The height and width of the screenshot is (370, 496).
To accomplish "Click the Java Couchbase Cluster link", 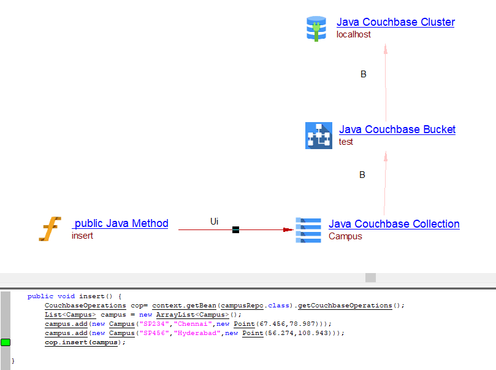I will point(395,22).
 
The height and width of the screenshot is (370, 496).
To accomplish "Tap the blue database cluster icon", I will point(316,28).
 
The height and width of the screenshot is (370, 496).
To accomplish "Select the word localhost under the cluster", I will point(353,34).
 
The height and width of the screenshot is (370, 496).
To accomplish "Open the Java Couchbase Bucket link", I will point(397,129).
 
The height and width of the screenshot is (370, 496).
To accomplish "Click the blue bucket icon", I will point(319,136).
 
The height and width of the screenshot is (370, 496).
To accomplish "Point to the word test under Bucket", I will point(346,142).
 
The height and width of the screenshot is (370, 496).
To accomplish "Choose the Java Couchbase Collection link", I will point(394,224).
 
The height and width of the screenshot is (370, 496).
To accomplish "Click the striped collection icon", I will point(308,229).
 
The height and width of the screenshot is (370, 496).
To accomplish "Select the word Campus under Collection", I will point(345,236).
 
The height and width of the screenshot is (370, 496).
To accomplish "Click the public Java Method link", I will point(120,223).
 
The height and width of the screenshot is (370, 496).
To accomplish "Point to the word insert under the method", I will point(82,236).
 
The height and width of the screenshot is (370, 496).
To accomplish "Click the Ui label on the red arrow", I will point(214,221).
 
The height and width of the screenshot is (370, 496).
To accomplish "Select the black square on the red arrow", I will point(235,230).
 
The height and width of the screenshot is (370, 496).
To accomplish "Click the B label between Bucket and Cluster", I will point(363,74).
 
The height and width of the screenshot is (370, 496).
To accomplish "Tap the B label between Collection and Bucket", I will point(362,175).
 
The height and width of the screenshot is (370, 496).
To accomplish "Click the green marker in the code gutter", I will point(6,342).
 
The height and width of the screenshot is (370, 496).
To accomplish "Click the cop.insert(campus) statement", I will point(85,342).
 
